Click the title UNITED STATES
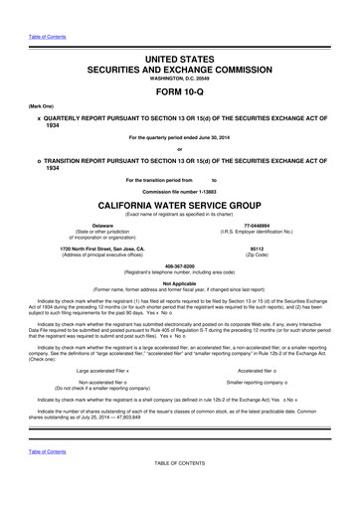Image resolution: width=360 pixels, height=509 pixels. pyautogui.click(x=179, y=34)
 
